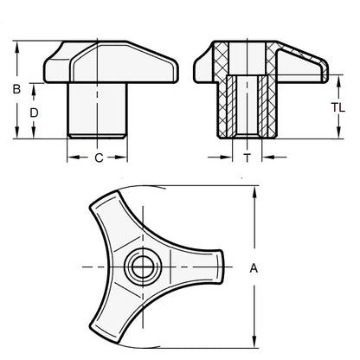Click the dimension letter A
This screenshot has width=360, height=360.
[x=254, y=268]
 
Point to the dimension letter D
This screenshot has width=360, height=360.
[x=35, y=112]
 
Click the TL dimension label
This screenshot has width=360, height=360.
[x=340, y=108]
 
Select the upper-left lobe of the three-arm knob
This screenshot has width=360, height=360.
[x=100, y=212]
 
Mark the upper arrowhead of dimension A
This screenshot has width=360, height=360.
[x=254, y=193]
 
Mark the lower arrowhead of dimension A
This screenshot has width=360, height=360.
[x=254, y=341]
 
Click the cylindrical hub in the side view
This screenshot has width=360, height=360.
[x=98, y=108]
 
